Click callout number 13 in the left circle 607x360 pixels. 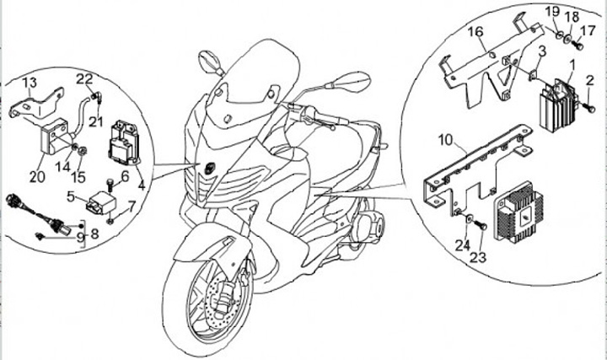click(x=30, y=82)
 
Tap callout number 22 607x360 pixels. click(x=84, y=78)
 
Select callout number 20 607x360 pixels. click(x=36, y=176)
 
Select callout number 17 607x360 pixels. click(x=588, y=30)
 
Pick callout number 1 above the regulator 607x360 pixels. click(x=572, y=64)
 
